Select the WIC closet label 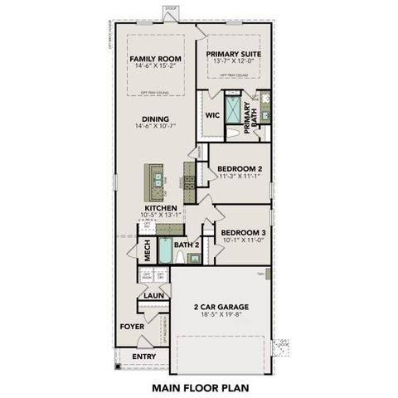tap(212, 115)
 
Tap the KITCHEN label tap(160, 208)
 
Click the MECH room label tap(148, 247)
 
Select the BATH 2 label tap(187, 246)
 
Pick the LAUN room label tap(152, 295)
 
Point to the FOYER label tap(132, 326)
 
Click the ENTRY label tap(143, 357)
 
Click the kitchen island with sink tap(153, 178)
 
